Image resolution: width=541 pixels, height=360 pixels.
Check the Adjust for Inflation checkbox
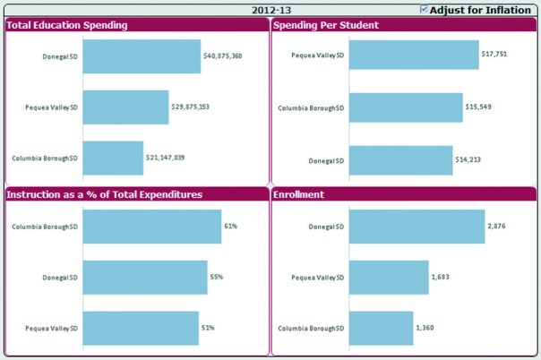point(424,10)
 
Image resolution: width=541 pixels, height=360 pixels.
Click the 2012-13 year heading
point(270,10)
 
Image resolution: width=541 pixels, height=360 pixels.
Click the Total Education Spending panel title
point(67,25)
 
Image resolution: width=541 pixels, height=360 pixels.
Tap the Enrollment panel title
point(299,194)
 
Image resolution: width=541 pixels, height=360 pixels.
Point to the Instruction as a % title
point(104,194)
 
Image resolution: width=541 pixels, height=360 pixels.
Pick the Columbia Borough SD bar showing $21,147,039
point(113,158)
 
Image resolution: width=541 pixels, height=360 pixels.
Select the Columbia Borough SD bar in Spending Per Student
point(406,107)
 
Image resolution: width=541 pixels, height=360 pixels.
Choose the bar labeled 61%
point(151,227)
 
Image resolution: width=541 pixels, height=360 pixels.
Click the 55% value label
point(217,278)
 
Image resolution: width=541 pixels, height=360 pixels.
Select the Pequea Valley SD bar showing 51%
point(141,328)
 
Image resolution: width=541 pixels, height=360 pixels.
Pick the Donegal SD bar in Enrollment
point(416,227)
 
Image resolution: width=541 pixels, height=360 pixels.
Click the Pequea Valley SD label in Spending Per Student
point(318,55)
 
